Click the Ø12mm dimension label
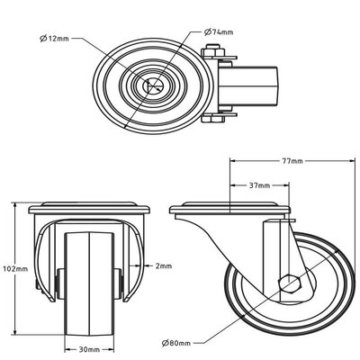53,39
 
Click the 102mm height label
14,267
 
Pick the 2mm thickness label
162,265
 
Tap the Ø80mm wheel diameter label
177,342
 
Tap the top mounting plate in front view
87,211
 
